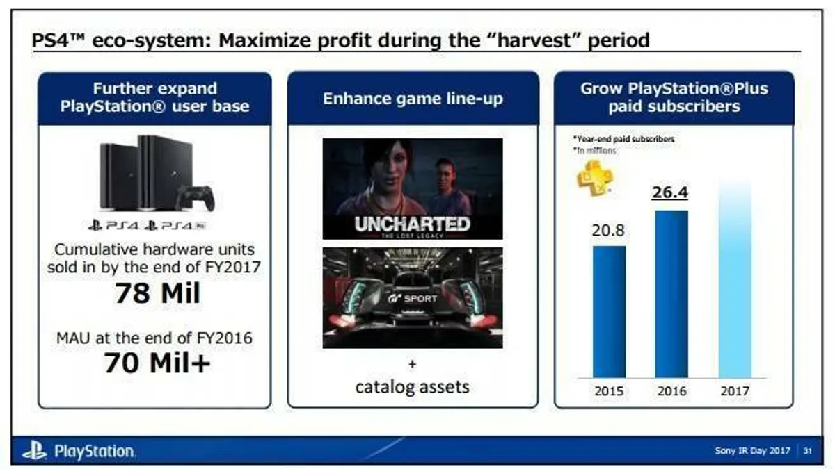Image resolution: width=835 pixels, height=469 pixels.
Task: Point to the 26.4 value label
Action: click(x=671, y=192)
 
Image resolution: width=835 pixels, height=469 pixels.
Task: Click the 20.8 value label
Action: click(x=608, y=231)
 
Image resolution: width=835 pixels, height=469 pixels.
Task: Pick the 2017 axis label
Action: click(x=735, y=391)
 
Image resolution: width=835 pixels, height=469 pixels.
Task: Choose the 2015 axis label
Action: click(x=609, y=391)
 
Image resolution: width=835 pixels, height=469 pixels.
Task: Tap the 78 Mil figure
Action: click(x=157, y=293)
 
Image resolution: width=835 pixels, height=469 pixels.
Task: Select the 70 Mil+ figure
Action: click(x=157, y=363)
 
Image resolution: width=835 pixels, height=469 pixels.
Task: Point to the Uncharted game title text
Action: click(x=413, y=224)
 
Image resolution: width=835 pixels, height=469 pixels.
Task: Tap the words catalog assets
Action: click(x=413, y=386)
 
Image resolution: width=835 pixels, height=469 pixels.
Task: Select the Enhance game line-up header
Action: click(x=413, y=99)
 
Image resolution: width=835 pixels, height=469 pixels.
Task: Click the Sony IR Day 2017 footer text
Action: click(x=752, y=451)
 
